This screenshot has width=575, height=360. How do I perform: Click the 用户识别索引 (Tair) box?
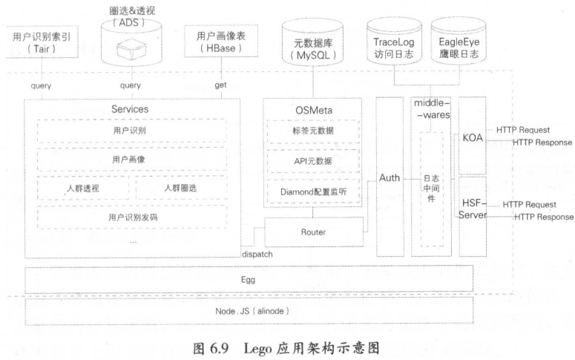pos(42,43)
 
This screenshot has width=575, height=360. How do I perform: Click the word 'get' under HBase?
pos(220,85)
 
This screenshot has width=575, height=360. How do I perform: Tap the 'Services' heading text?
pos(131,108)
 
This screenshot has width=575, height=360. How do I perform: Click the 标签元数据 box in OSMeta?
pos(312,131)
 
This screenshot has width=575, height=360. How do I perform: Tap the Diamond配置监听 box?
pos(312,192)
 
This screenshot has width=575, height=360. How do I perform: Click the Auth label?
pos(389,178)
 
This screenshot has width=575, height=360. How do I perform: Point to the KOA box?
pos(472,137)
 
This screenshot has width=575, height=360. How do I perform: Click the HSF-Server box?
pos(472,208)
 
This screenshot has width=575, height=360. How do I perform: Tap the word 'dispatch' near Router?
pos(257,254)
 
